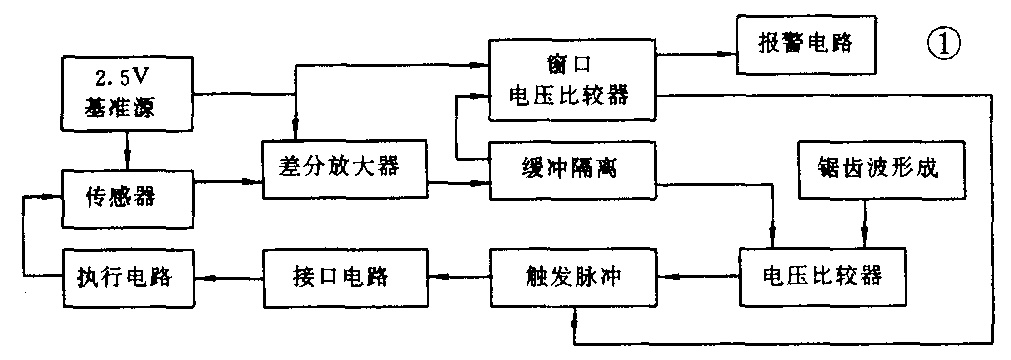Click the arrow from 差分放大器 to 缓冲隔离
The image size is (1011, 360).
(x=460, y=182)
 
